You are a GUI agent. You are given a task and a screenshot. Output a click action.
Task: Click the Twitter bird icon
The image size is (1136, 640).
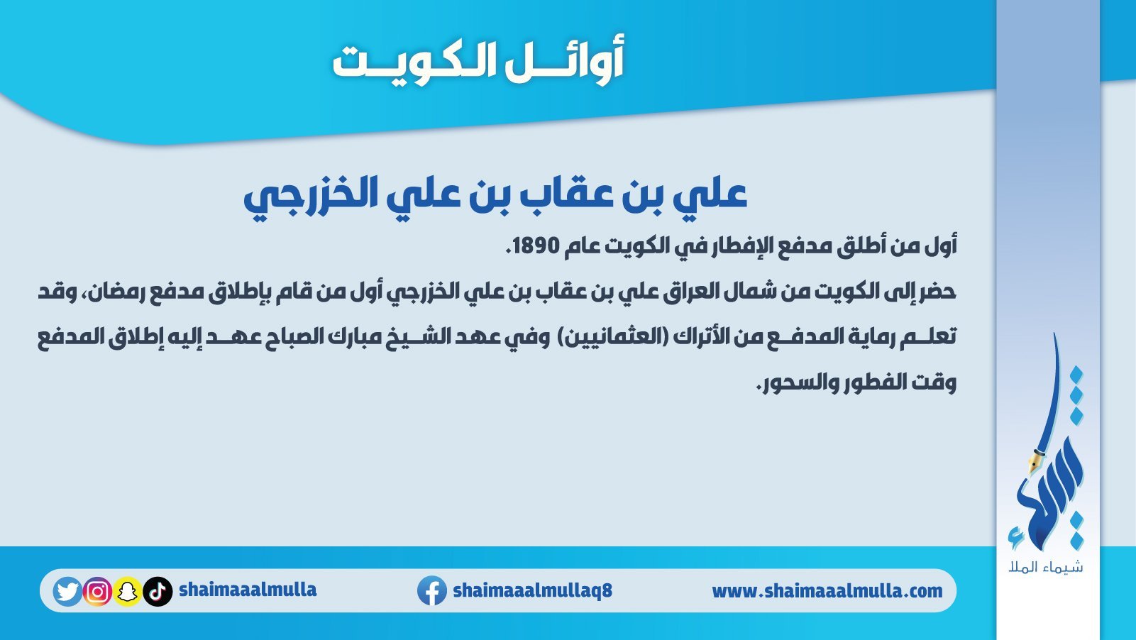[x=67, y=591]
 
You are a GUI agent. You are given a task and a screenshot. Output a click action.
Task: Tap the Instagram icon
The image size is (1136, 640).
[x=97, y=591]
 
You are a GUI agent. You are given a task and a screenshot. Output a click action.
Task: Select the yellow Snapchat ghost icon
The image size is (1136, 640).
[x=127, y=591]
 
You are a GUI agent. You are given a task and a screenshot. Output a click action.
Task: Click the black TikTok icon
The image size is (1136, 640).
[x=158, y=591]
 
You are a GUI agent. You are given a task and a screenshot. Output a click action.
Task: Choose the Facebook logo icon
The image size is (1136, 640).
[x=432, y=591]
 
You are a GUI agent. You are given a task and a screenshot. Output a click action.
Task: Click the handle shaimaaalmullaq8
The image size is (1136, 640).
[x=532, y=590]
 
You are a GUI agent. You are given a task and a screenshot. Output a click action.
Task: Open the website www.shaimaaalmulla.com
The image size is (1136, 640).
[x=827, y=591]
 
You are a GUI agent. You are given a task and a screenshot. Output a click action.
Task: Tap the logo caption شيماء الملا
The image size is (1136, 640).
[x=1046, y=567]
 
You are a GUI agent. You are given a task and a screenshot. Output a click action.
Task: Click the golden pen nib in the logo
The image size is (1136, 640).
[x=1035, y=462]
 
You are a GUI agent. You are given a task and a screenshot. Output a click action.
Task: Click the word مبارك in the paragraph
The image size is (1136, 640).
[x=380, y=337]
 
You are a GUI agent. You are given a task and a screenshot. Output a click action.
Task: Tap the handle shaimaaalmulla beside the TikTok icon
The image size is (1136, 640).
[x=248, y=590]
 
